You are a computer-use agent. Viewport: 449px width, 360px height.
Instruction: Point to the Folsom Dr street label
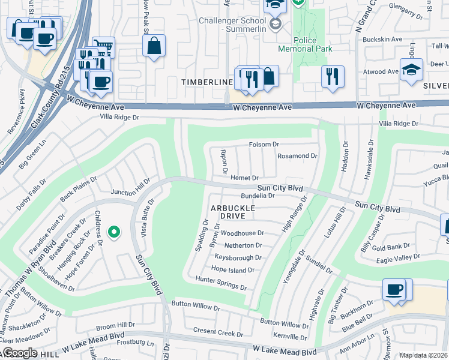point(264,145)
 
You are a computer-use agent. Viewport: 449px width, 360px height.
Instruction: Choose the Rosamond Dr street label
point(297,156)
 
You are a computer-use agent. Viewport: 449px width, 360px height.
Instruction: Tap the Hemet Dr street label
point(244,178)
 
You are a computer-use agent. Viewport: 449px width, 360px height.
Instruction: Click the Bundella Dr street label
point(258,196)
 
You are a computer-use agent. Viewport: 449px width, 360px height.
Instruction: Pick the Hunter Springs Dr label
point(221,284)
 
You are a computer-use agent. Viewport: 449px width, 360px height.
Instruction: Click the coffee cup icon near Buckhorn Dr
point(394,289)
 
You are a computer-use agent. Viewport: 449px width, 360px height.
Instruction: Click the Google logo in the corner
point(19,353)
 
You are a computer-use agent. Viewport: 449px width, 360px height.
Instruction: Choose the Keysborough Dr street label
point(238,257)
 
